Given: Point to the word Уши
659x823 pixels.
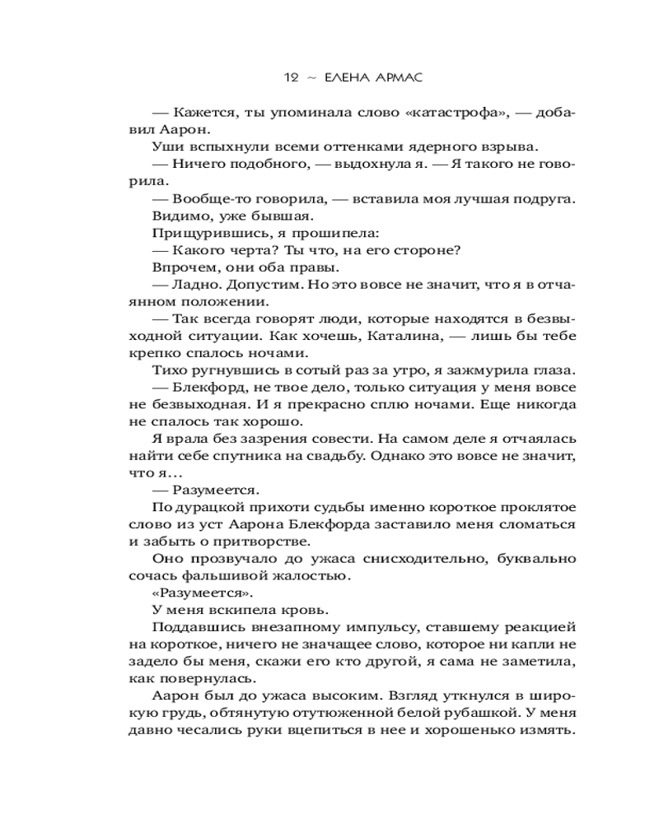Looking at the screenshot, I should pos(168,146).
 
